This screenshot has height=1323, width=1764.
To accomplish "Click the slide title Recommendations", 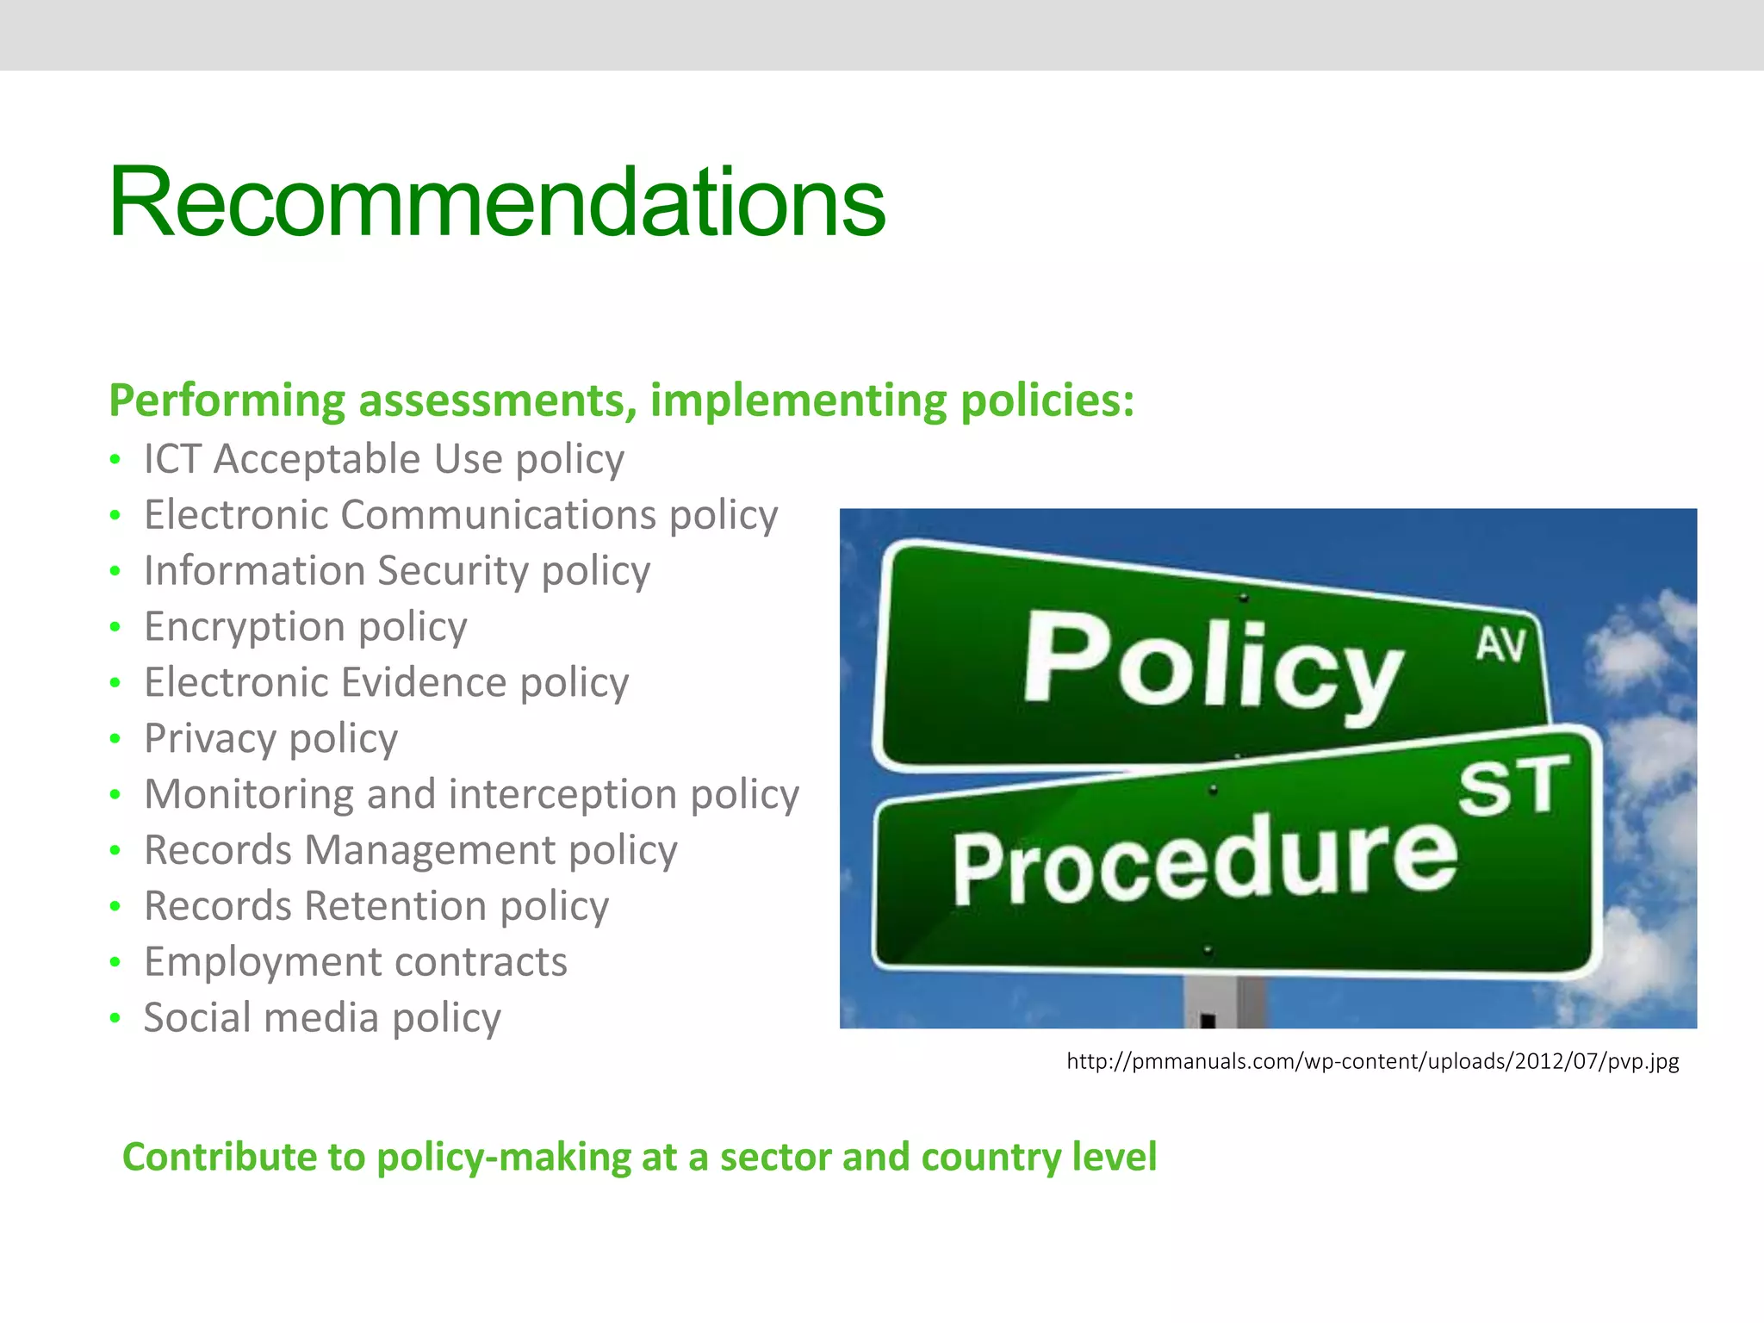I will [x=496, y=203].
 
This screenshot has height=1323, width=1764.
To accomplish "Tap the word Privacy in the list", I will [x=209, y=739].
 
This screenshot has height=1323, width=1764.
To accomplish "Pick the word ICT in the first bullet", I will [x=171, y=459].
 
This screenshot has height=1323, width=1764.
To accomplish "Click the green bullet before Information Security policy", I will [x=115, y=572].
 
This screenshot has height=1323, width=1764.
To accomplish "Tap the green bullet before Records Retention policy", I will [x=115, y=907].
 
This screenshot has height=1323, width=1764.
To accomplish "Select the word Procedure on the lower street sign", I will [x=1204, y=860].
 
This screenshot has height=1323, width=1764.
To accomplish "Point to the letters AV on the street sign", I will [x=1500, y=645].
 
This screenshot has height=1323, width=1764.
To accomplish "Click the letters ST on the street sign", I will [x=1513, y=786].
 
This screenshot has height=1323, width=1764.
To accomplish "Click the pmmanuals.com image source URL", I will [x=1372, y=1061].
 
